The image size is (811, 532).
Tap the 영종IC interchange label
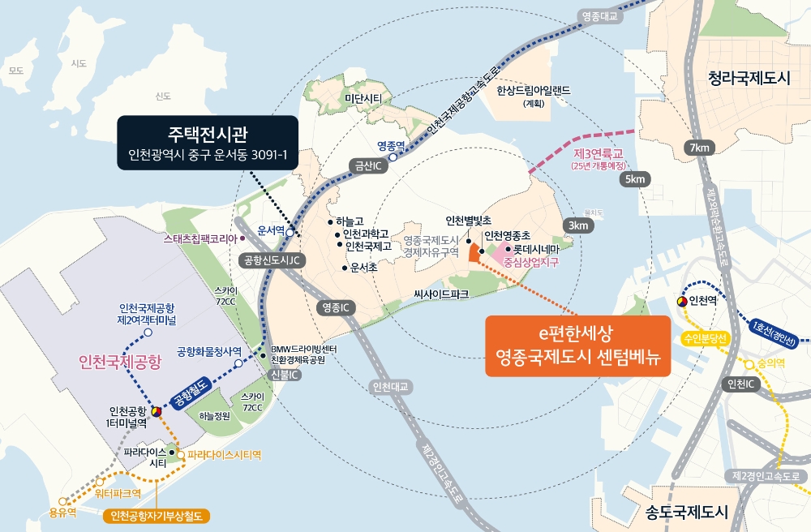tap(335, 308)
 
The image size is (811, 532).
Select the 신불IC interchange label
tap(285, 375)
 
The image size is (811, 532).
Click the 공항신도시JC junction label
tap(272, 260)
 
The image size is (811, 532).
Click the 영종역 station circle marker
tap(393, 158)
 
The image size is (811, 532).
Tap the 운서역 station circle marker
tap(290, 232)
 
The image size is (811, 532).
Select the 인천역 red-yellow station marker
tap(681, 302)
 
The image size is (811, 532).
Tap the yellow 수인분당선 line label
tap(706, 337)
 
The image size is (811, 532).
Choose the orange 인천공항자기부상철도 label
tap(157, 515)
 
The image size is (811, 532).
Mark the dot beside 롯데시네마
tap(508, 250)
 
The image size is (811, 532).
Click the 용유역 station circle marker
tap(64, 501)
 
